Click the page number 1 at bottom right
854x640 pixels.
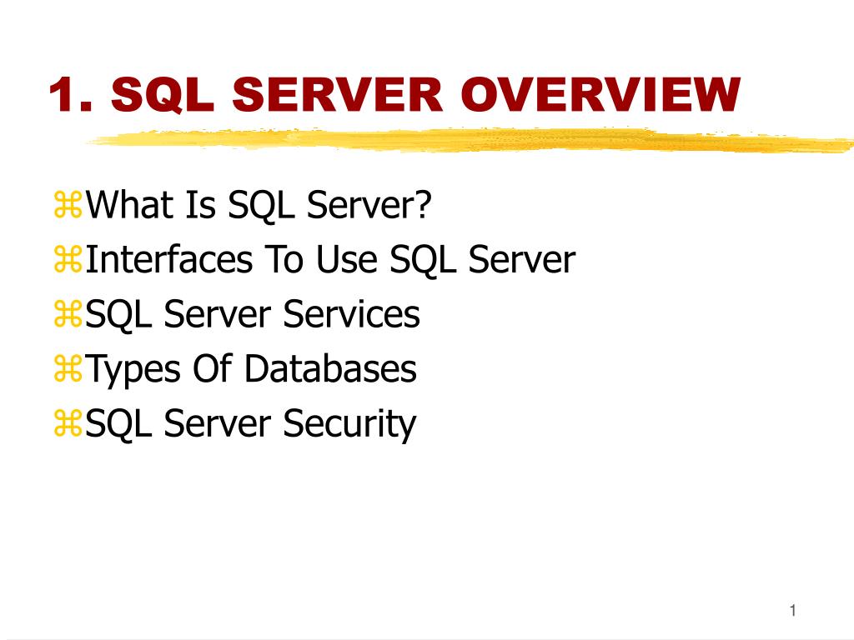click(x=793, y=612)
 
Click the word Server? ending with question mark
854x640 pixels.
click(x=370, y=205)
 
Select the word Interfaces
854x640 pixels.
click(x=169, y=260)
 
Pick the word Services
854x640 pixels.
click(x=351, y=314)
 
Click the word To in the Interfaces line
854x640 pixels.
click(x=284, y=260)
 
